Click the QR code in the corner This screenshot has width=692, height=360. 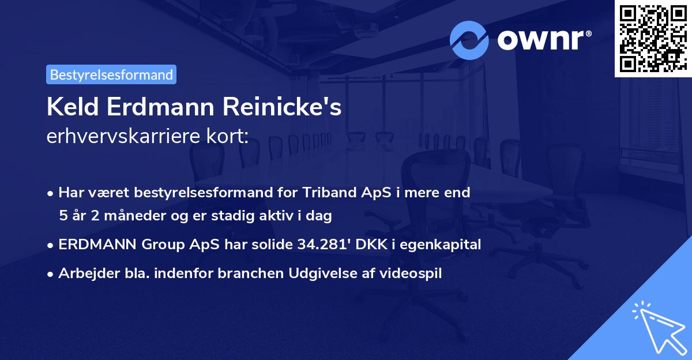653,38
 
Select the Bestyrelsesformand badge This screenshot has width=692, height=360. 111,74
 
